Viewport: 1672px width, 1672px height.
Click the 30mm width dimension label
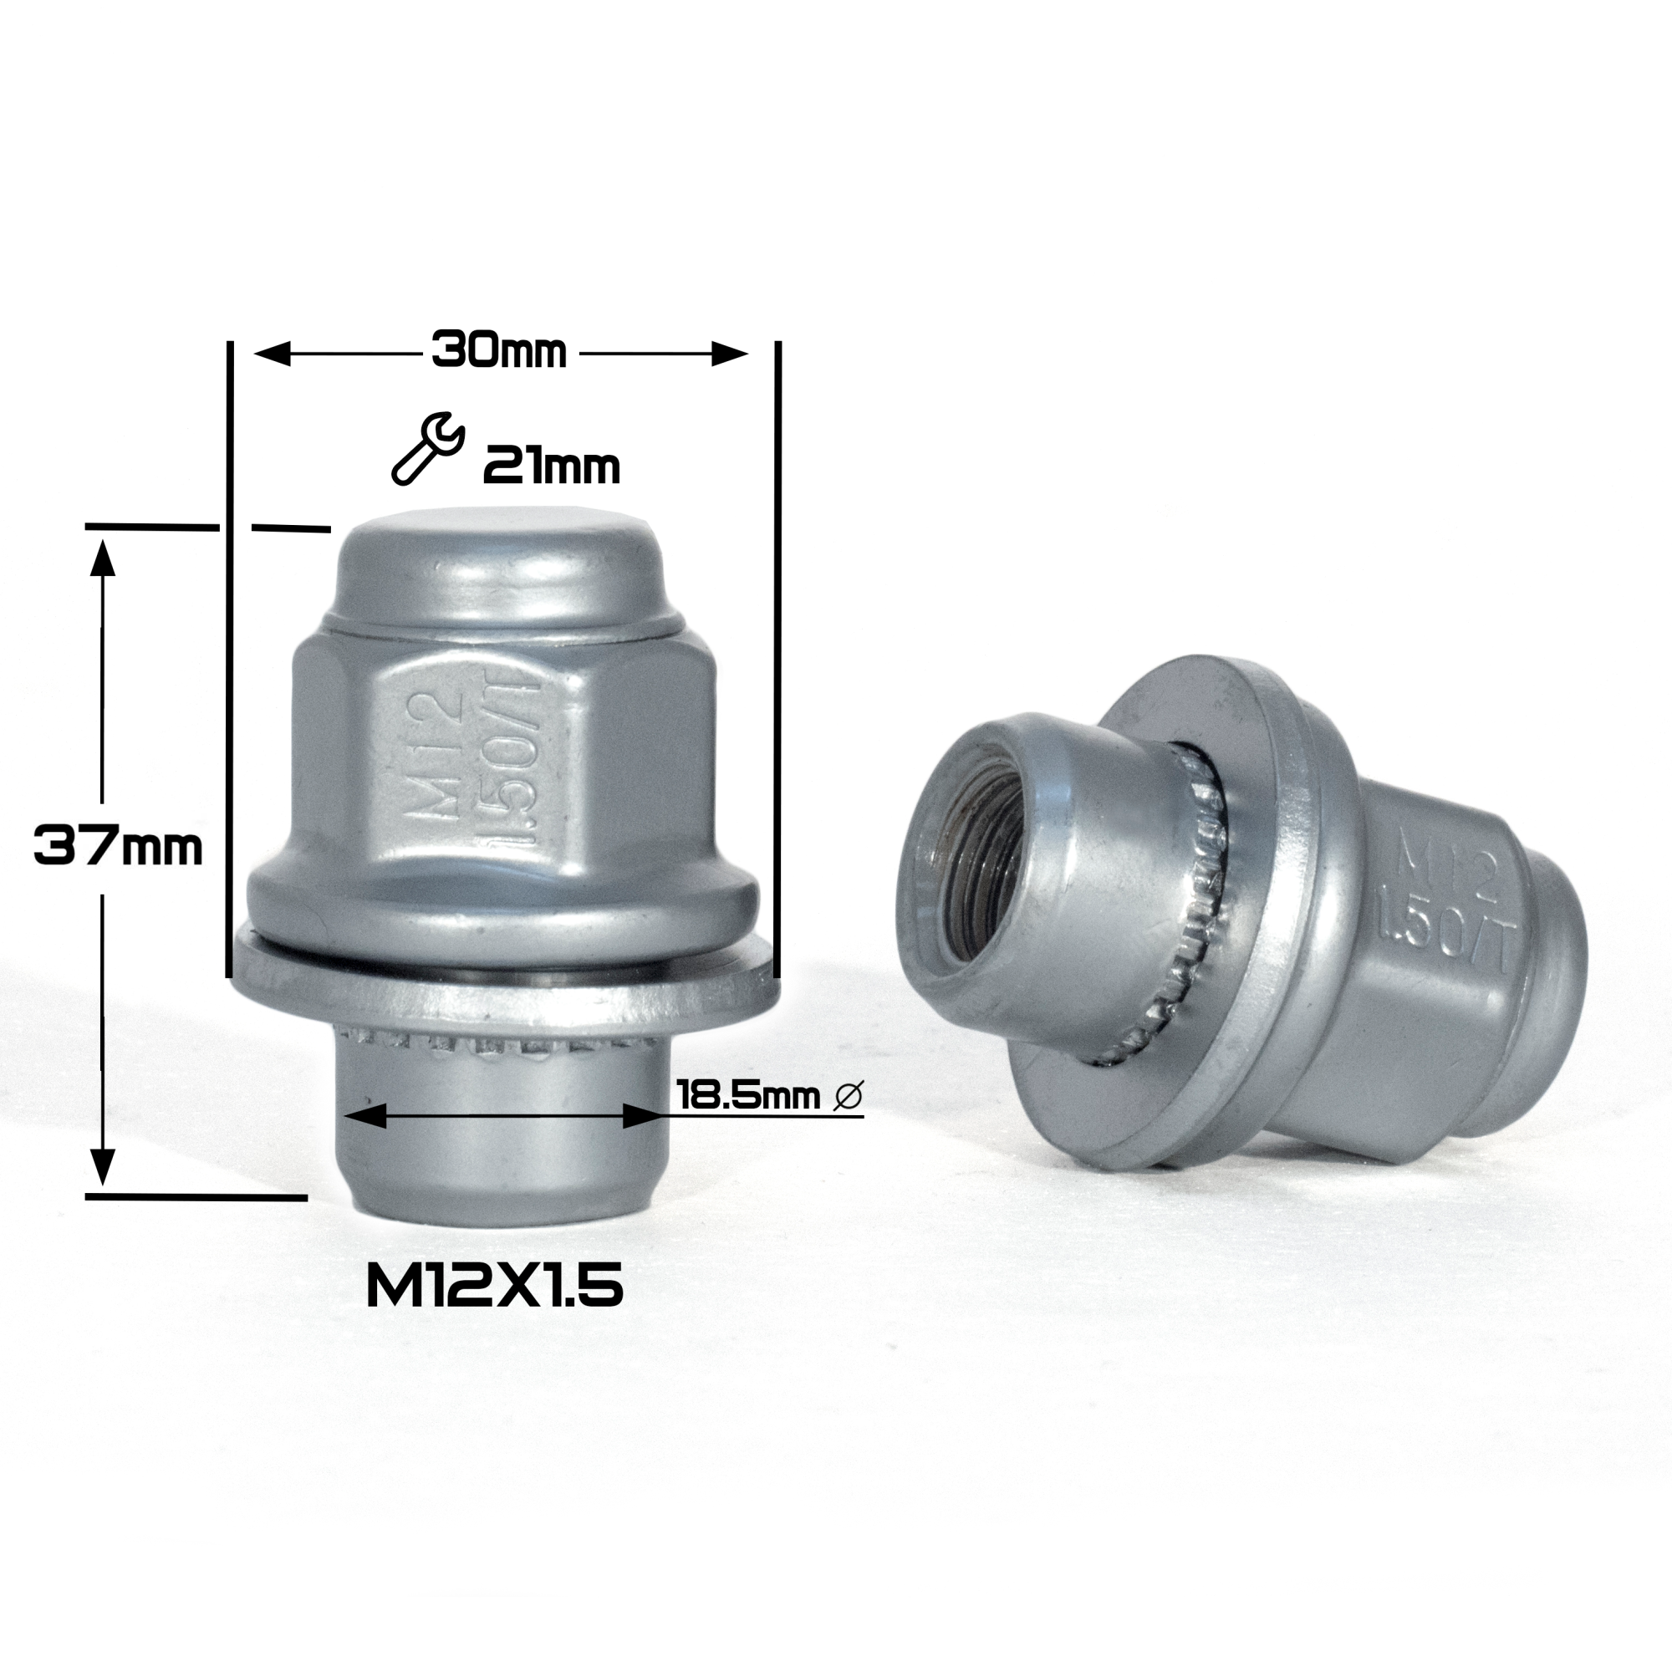[x=499, y=351]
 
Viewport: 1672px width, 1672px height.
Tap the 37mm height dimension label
[x=118, y=846]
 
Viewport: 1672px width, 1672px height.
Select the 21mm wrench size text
[x=551, y=468]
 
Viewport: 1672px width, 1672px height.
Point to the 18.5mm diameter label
[x=747, y=1097]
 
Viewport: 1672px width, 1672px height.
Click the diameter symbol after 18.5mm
[x=848, y=1097]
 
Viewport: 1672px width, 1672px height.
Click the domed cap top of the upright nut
[x=500, y=554]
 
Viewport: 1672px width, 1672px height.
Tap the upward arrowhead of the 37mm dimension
[x=103, y=558]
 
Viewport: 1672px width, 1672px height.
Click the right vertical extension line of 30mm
[x=778, y=658]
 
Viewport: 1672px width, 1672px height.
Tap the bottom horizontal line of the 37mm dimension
[x=196, y=1197]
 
